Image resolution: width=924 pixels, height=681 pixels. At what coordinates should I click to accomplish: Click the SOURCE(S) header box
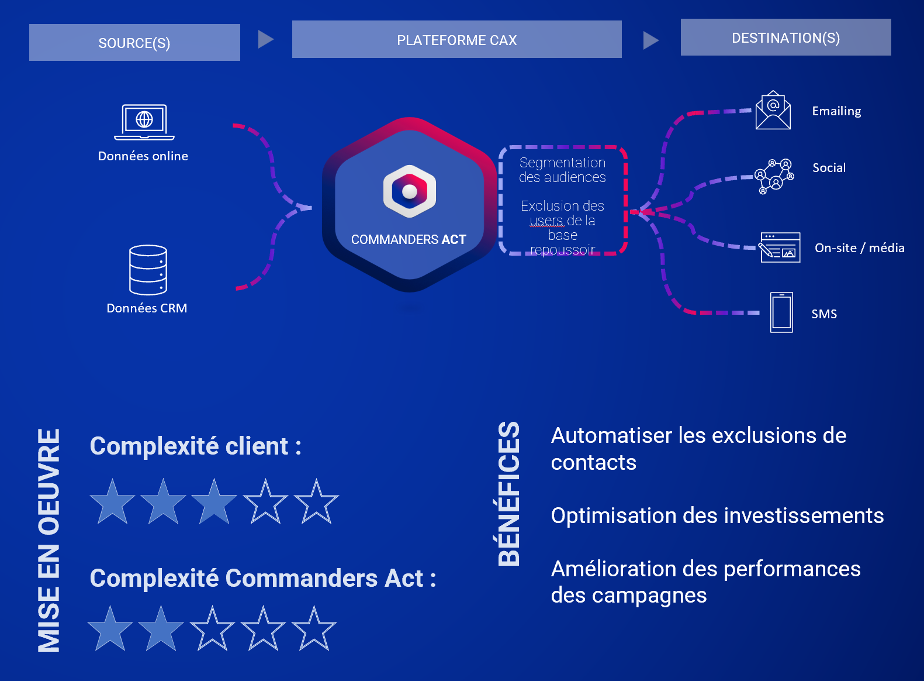tap(134, 42)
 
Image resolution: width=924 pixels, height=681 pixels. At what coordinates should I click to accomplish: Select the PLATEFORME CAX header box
tap(456, 39)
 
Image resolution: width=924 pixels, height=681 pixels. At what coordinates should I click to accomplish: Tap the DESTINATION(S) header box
tap(786, 37)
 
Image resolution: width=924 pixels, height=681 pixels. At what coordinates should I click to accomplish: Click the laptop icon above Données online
tap(144, 122)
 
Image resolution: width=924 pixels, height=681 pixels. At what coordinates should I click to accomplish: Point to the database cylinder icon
tap(148, 270)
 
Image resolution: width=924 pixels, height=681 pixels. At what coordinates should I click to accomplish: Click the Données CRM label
tap(147, 308)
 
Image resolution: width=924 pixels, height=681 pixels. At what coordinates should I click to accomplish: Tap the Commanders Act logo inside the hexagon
tap(409, 191)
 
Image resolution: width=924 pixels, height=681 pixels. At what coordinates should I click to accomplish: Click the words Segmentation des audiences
tap(562, 170)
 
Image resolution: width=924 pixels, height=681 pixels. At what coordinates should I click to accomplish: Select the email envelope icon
tap(773, 110)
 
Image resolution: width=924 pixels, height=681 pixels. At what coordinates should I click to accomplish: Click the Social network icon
tap(774, 176)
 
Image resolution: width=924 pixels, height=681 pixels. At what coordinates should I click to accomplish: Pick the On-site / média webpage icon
tap(780, 247)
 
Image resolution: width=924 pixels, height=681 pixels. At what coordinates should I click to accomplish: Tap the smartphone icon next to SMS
tap(781, 312)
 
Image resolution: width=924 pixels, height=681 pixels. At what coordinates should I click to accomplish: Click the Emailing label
tap(836, 111)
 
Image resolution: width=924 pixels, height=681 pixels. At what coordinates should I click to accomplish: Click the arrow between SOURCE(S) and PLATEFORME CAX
tap(265, 39)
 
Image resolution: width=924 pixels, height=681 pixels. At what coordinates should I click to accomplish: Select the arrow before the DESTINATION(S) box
tap(650, 40)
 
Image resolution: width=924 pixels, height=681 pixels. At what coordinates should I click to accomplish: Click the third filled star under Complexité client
tap(214, 502)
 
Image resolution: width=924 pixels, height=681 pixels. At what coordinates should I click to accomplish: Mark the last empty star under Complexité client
tap(316, 502)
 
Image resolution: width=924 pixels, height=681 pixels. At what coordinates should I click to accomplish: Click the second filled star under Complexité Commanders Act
tap(161, 628)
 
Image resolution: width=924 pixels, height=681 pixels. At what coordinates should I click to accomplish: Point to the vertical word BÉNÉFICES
tap(508, 494)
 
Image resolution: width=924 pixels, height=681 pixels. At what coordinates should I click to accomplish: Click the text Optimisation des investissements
tap(717, 515)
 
